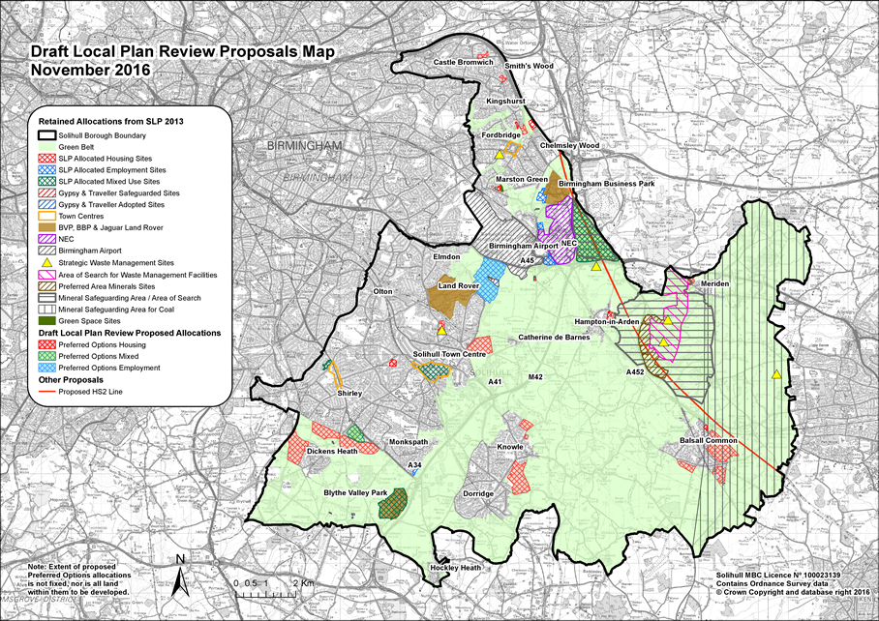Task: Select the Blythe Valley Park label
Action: [x=355, y=493]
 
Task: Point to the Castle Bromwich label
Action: [x=464, y=63]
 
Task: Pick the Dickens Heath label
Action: [x=332, y=452]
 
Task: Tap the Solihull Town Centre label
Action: [x=449, y=355]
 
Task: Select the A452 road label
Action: [x=635, y=371]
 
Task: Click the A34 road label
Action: [x=414, y=466]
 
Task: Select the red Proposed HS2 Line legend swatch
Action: [x=46, y=393]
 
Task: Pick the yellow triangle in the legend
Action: [x=46, y=262]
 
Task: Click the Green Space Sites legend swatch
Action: [x=46, y=320]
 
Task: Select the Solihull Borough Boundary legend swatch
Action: [x=46, y=134]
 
